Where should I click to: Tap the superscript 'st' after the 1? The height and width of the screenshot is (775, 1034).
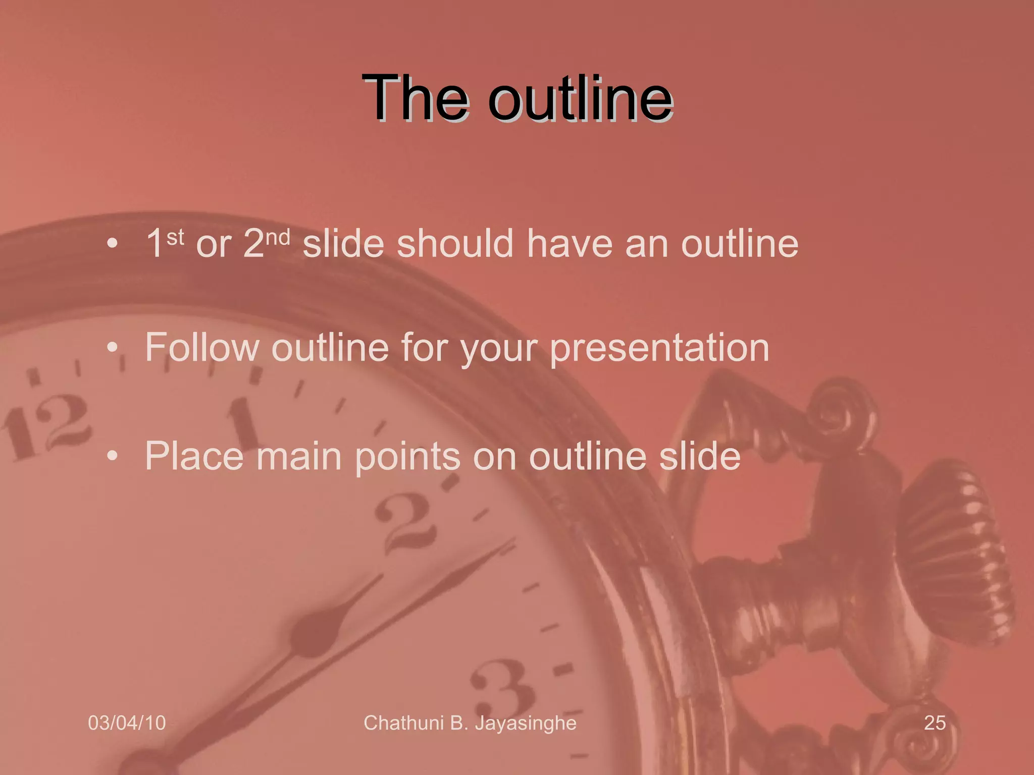pos(175,237)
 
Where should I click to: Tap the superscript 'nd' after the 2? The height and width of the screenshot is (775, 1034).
pos(278,237)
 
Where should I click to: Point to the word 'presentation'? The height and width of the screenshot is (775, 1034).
pos(659,348)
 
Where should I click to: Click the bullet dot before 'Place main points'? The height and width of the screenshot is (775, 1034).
pos(112,456)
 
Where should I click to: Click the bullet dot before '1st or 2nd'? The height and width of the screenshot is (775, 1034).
pos(112,244)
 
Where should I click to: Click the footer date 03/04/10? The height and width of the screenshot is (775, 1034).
pos(127,723)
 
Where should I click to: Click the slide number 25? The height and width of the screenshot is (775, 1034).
pos(935,723)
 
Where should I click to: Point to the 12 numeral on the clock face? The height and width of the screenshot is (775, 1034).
pos(45,427)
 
